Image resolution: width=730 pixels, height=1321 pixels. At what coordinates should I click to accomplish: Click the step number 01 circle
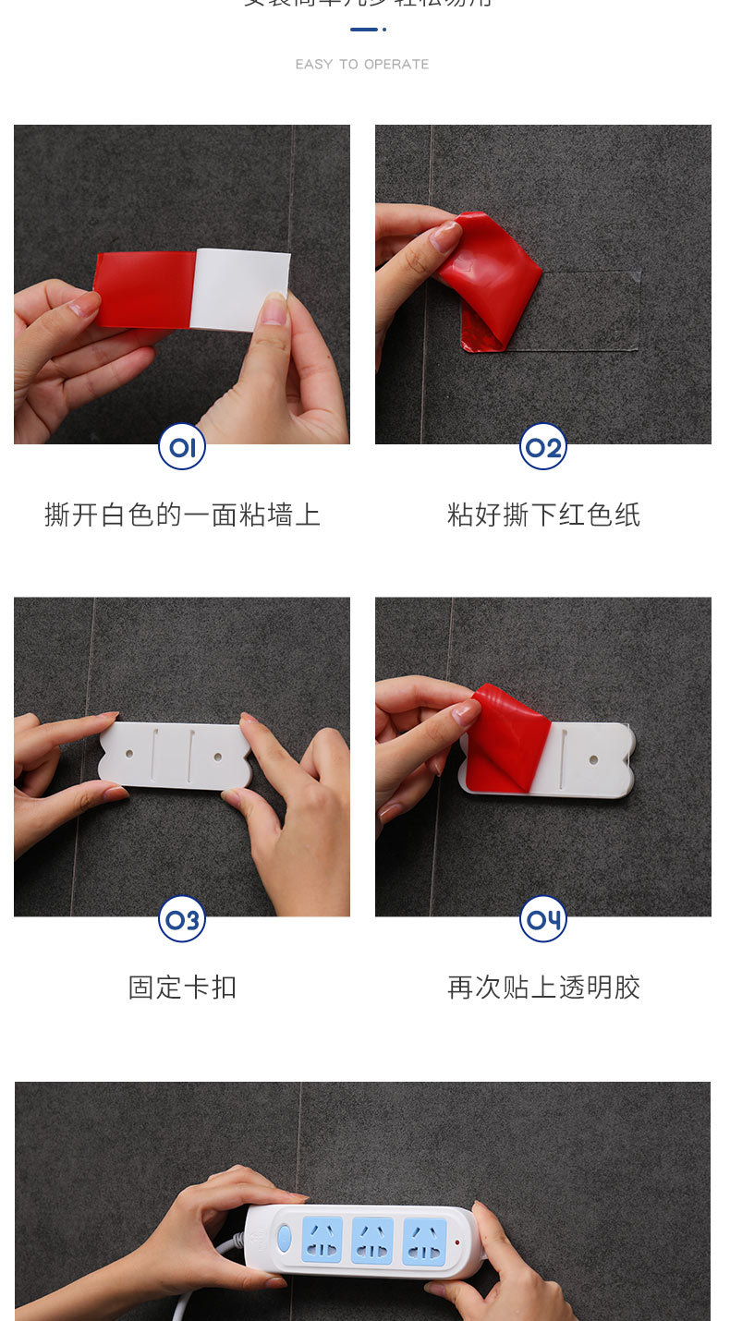(x=182, y=447)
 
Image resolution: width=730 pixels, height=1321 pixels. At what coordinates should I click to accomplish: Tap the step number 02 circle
(x=543, y=447)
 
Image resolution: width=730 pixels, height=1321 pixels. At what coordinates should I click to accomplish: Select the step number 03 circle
(x=182, y=920)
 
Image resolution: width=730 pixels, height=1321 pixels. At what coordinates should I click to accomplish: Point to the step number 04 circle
(x=543, y=920)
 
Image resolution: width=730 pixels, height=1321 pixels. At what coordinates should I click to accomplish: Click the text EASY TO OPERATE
(x=362, y=65)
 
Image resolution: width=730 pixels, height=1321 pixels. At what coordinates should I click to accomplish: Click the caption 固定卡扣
(x=182, y=988)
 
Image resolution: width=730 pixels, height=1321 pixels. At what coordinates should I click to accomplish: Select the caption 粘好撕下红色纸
(x=543, y=515)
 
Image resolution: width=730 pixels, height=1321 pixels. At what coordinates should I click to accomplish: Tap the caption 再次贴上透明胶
(x=543, y=988)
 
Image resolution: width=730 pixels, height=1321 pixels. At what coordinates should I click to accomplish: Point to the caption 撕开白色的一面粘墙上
(x=182, y=515)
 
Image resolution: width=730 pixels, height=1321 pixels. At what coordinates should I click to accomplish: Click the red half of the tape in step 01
(x=146, y=289)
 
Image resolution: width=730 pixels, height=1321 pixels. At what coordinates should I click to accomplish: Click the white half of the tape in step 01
(x=240, y=289)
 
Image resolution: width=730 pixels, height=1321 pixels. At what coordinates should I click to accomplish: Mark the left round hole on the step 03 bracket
(x=128, y=756)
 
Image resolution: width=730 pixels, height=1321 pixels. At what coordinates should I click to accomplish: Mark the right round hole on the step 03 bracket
(x=218, y=756)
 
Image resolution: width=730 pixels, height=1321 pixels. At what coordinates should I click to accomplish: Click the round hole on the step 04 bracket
(x=593, y=761)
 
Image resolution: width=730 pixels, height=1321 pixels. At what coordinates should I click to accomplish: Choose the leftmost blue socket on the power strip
(x=322, y=1239)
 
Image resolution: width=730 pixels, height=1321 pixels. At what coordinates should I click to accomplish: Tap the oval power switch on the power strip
(x=285, y=1238)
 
